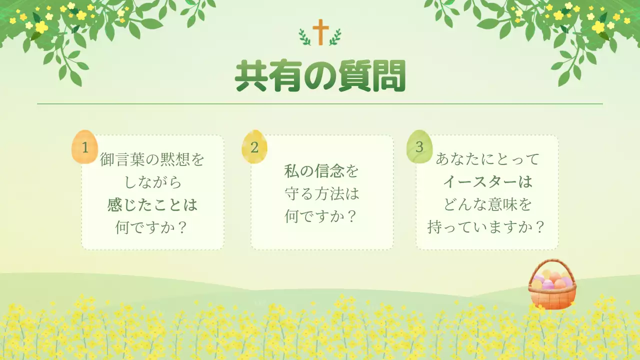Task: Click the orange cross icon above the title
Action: (318, 32)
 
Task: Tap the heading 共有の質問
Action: (320, 76)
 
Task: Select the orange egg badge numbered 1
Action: (84, 147)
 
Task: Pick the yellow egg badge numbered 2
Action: (254, 147)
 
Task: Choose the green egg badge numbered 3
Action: (419, 147)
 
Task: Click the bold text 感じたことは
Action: (152, 205)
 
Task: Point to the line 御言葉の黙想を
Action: (152, 160)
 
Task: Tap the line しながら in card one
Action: (152, 182)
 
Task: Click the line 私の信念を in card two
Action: (322, 171)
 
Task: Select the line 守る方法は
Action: (322, 193)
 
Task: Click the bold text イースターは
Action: (487, 182)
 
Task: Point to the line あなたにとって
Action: (487, 159)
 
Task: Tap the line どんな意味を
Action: (487, 204)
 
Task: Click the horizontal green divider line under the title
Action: (320, 104)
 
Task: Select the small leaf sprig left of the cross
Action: (304, 36)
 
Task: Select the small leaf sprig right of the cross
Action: (334, 36)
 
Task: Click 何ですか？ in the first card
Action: (152, 227)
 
